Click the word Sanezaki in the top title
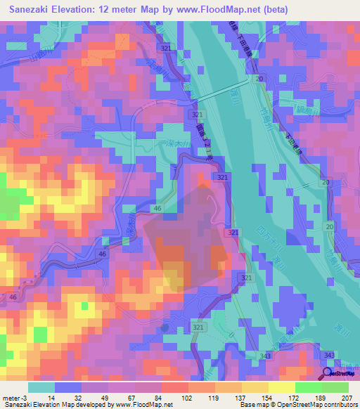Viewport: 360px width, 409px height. tap(30, 10)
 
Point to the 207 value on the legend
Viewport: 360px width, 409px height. tap(345, 398)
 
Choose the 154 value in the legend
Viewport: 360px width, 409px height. tap(264, 398)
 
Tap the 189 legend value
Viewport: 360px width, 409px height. tap(318, 398)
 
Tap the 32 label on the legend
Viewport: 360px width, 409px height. tap(79, 398)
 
